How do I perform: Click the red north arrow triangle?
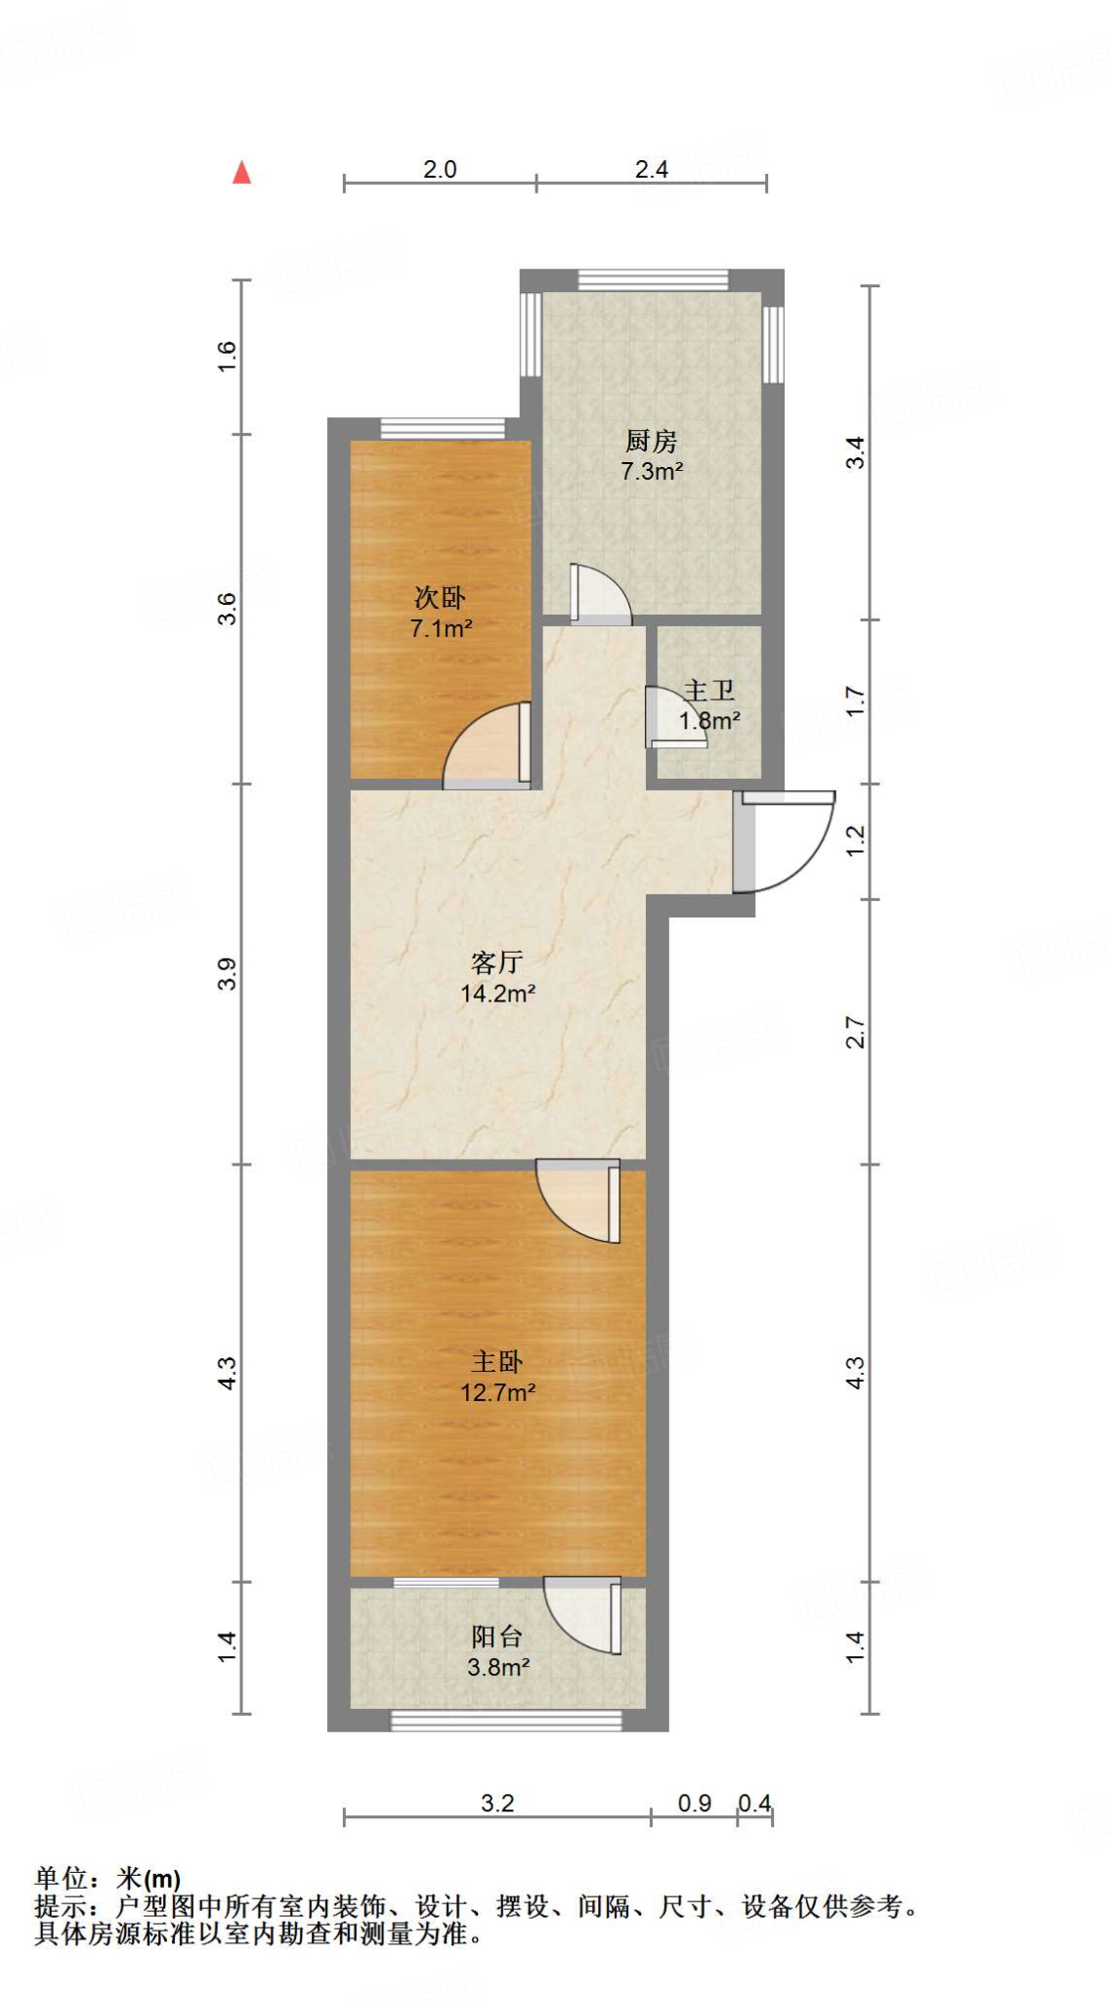pyautogui.click(x=241, y=173)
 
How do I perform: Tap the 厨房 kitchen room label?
pyautogui.click(x=651, y=442)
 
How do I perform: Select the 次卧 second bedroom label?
pyautogui.click(x=440, y=597)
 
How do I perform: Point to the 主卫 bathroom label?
pyautogui.click(x=709, y=691)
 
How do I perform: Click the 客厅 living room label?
pyautogui.click(x=496, y=962)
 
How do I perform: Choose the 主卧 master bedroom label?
pyautogui.click(x=497, y=1361)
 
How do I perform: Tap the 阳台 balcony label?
pyautogui.click(x=496, y=1636)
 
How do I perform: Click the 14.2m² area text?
pyautogui.click(x=497, y=994)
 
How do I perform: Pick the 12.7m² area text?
pyautogui.click(x=497, y=1392)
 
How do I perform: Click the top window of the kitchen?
pyautogui.click(x=653, y=279)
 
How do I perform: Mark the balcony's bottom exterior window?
pyautogui.click(x=506, y=1721)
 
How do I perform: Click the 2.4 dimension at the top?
pyautogui.click(x=652, y=169)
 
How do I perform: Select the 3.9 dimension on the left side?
pyautogui.click(x=227, y=974)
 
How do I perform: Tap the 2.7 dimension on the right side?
pyautogui.click(x=855, y=1033)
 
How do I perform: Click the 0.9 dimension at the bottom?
pyautogui.click(x=695, y=1803)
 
